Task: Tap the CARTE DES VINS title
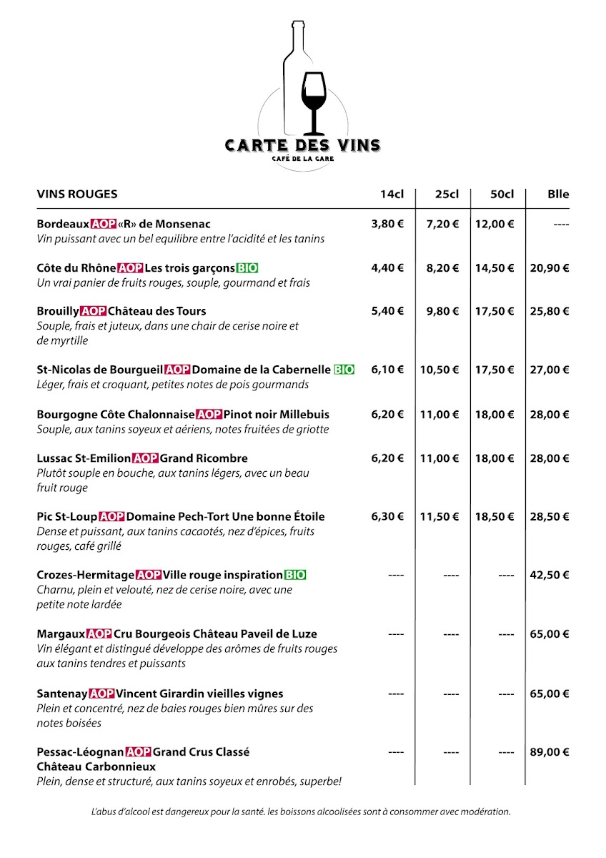click(302, 145)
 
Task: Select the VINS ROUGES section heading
click(77, 194)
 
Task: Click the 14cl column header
click(392, 194)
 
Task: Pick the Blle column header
click(558, 194)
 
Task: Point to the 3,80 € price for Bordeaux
click(387, 224)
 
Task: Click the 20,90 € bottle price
click(549, 268)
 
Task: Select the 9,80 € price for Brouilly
click(443, 312)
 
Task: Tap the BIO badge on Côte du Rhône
click(247, 268)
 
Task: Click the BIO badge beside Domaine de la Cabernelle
click(344, 370)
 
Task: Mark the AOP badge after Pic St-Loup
click(111, 516)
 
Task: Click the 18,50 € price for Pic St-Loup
click(495, 516)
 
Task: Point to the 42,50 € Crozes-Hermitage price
click(549, 575)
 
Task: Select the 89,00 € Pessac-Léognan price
click(549, 752)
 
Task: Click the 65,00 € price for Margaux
click(549, 633)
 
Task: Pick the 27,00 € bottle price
click(549, 370)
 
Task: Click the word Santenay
click(62, 694)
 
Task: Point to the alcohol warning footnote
click(301, 812)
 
